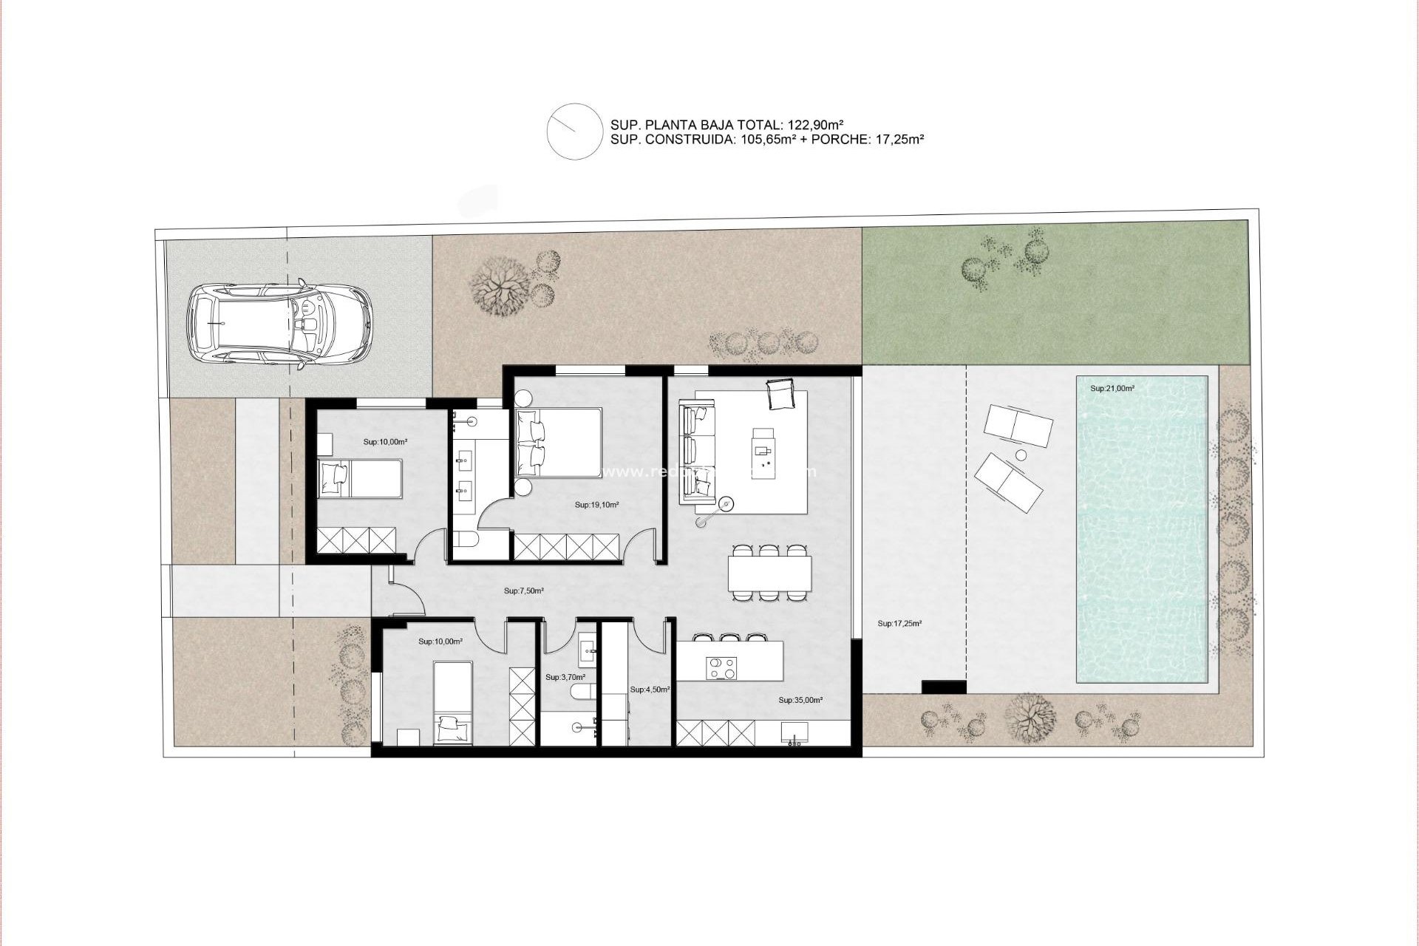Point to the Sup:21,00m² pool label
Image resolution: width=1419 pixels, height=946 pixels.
[1112, 388]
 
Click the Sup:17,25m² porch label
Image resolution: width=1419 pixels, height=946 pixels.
[899, 623]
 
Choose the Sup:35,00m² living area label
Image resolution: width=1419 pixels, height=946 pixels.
[800, 699]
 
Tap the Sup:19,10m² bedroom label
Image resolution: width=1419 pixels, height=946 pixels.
[596, 506]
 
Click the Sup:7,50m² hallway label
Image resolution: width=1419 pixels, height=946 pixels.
[524, 591]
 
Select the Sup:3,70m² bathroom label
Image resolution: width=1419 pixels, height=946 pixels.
[565, 677]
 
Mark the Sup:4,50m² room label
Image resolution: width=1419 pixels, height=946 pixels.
[650, 689]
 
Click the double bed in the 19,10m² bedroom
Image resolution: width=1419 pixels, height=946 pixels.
[559, 443]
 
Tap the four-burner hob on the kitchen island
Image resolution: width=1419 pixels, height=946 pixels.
[721, 667]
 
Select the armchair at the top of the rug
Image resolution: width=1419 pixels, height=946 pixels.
[780, 393]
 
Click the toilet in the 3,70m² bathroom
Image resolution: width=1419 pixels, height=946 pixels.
[582, 691]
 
